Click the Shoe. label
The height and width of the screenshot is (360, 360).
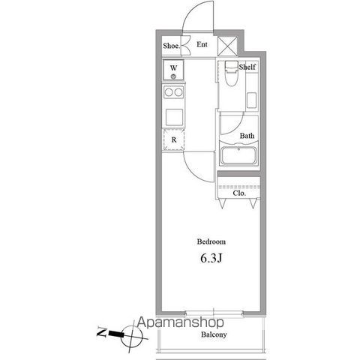pyautogui.click(x=172, y=46)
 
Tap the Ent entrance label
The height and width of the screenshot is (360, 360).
pyautogui.click(x=202, y=44)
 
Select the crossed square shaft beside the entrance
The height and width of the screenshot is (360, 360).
pyautogui.click(x=227, y=46)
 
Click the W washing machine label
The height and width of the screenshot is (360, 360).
pyautogui.click(x=174, y=67)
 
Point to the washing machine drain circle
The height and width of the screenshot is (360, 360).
pyautogui.click(x=173, y=76)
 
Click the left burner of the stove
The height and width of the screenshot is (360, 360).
pyautogui.click(x=169, y=92)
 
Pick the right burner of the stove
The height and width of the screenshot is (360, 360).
pyautogui.click(x=178, y=92)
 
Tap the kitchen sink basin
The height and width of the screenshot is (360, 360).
pyautogui.click(x=174, y=117)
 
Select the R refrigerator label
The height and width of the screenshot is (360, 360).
pyautogui.click(x=174, y=139)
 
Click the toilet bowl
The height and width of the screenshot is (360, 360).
pyautogui.click(x=231, y=75)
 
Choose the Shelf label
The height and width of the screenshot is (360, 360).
pyautogui.click(x=247, y=67)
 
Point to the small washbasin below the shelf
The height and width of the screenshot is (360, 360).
pyautogui.click(x=251, y=100)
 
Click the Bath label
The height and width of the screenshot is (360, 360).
pyautogui.click(x=247, y=136)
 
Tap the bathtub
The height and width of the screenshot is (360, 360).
pyautogui.click(x=238, y=155)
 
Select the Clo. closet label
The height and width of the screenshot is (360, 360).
pyautogui.click(x=239, y=193)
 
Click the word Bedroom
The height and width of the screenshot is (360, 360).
pyautogui.click(x=211, y=241)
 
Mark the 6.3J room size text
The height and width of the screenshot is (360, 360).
pyautogui.click(x=211, y=259)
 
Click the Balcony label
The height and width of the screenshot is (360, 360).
pyautogui.click(x=214, y=334)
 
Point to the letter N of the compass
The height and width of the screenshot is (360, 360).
pyautogui.click(x=102, y=332)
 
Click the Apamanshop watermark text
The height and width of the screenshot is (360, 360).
pyautogui.click(x=181, y=322)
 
